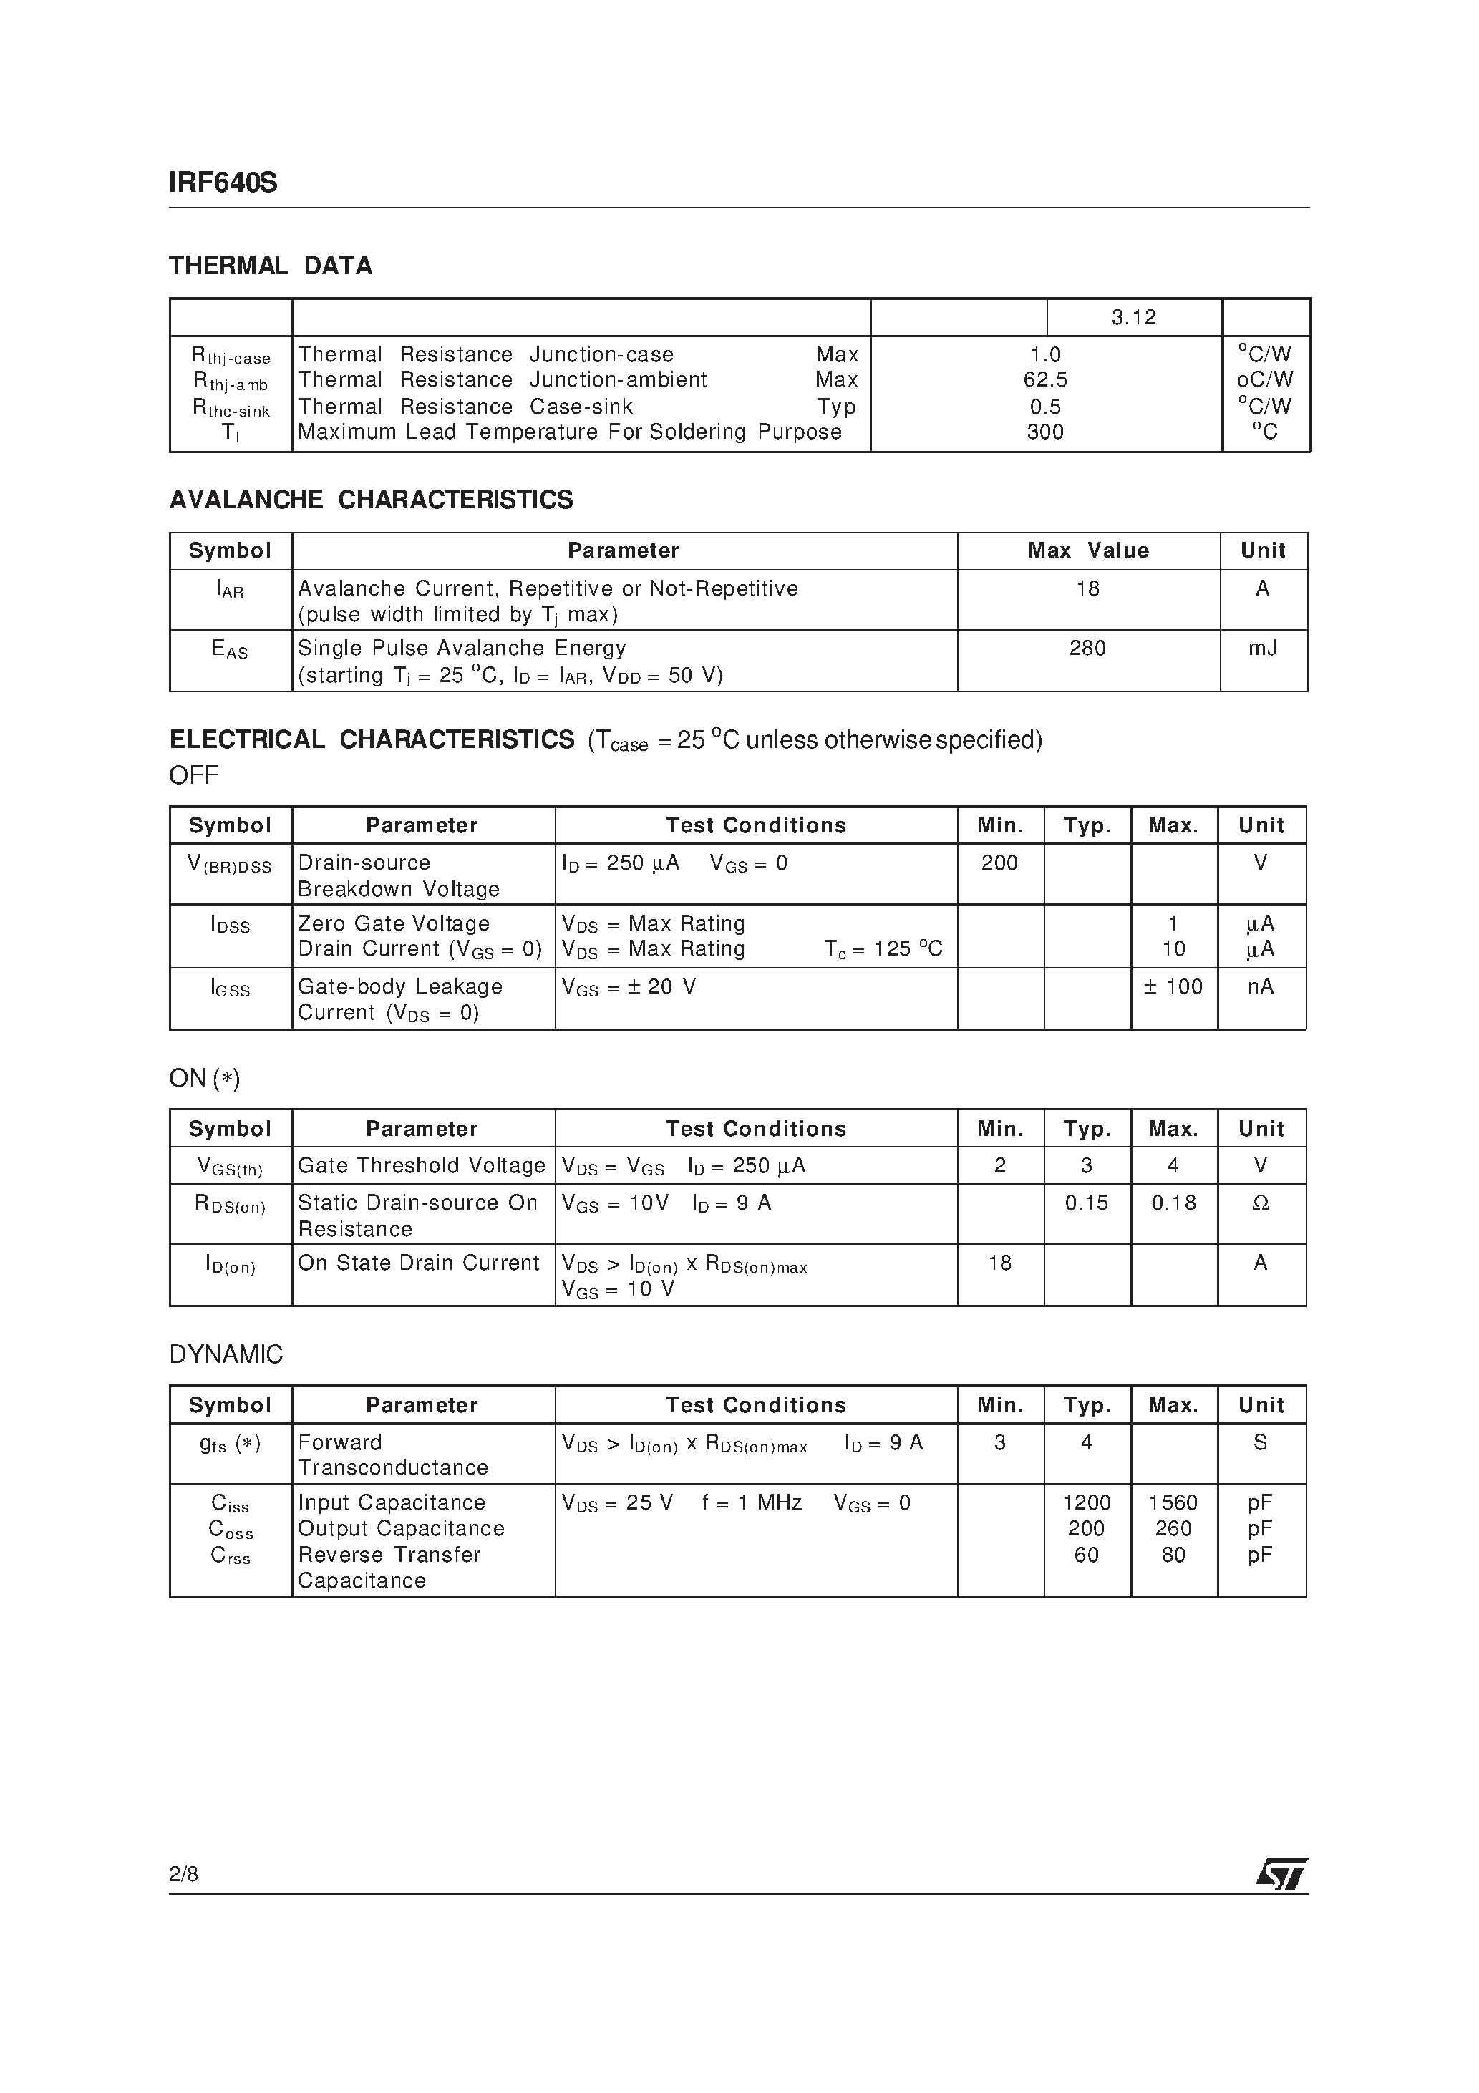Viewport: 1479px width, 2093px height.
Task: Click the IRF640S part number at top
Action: coord(223,183)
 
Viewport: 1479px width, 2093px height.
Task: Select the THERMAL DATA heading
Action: coord(271,266)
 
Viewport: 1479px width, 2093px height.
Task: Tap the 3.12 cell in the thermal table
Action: coord(1133,317)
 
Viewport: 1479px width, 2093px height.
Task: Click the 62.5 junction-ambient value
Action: coord(1045,379)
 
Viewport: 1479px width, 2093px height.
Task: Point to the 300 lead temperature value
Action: coord(1045,432)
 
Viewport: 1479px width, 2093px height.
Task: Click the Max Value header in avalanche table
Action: coord(1088,550)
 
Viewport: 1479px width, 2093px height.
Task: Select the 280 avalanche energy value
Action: coord(1087,648)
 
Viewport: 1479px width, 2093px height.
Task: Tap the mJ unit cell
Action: coord(1262,648)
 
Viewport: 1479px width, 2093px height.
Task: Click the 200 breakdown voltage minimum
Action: coord(999,863)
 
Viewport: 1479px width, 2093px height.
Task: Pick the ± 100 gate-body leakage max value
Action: coord(1173,986)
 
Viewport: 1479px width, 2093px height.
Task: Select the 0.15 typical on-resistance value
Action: coord(1086,1203)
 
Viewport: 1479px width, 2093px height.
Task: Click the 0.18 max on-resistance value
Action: coord(1173,1203)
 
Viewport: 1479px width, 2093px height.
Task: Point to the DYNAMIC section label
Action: coord(226,1354)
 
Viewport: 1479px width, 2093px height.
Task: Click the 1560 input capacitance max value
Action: coord(1173,1502)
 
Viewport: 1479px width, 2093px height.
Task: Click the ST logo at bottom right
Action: coord(1282,1874)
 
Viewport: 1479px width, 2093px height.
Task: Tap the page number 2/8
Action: coord(183,1874)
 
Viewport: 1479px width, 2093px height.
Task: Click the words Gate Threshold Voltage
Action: coord(421,1166)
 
